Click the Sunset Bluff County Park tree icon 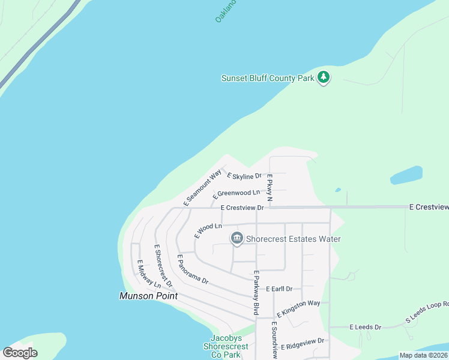point(324,77)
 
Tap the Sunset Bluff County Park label point(267,78)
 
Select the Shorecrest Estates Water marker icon point(237,239)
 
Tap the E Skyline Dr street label point(244,176)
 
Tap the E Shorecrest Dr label point(163,265)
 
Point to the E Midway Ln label point(149,274)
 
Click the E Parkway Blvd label point(256,292)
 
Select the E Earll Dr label point(279,289)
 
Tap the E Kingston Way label point(298,308)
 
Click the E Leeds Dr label point(365,327)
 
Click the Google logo point(20,352)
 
